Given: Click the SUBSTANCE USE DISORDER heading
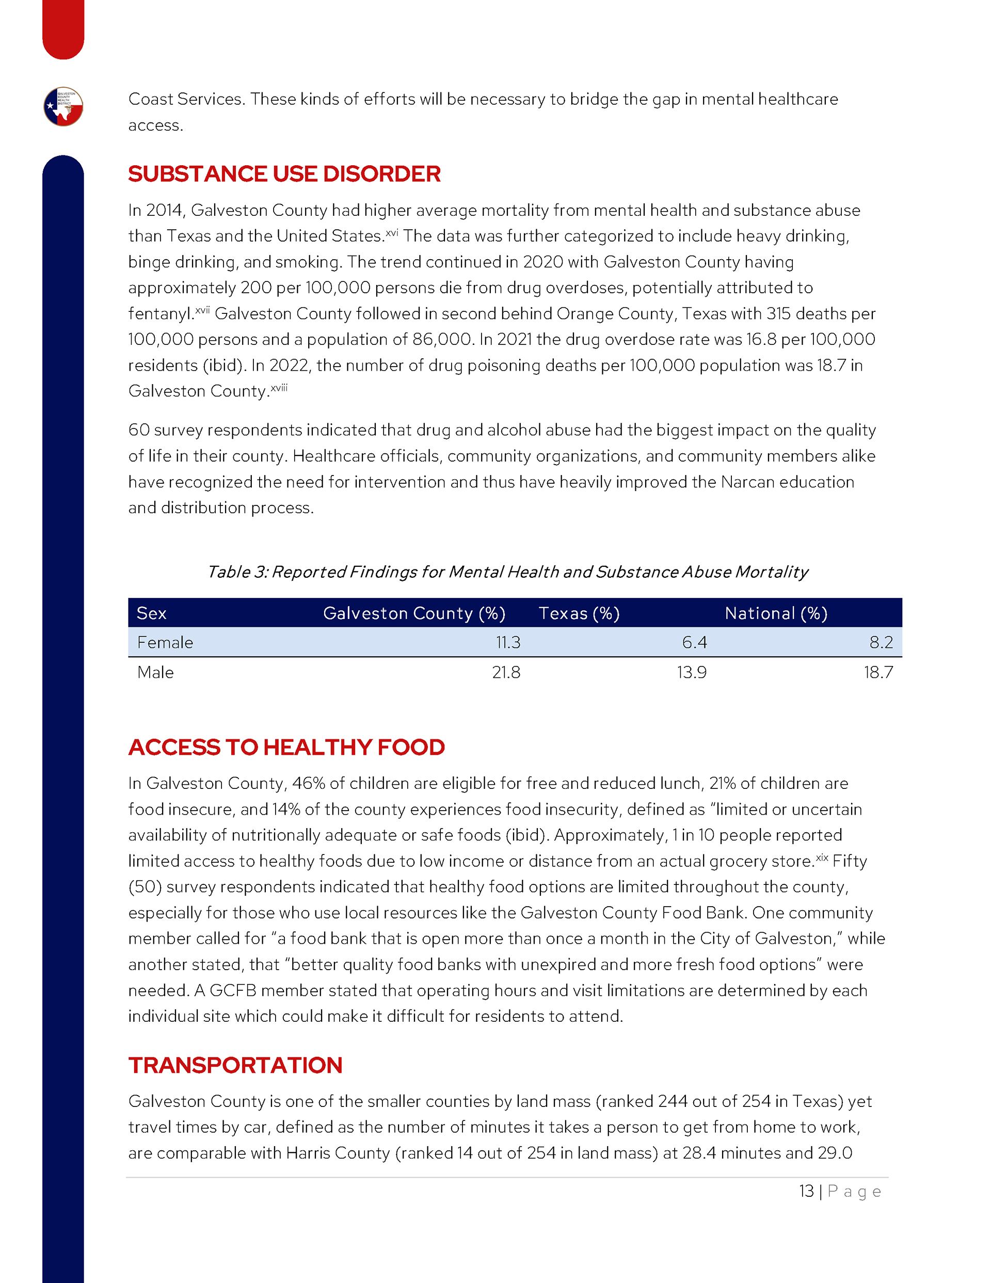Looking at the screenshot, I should coord(284,174).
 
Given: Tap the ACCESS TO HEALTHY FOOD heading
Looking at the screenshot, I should coord(286,747).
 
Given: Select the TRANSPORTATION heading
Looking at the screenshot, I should coord(235,1065).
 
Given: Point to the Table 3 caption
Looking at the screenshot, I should coord(507,572).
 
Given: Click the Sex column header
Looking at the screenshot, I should coord(152,613).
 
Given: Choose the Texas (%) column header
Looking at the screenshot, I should coord(579,613).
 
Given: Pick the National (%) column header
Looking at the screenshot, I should coord(776,613).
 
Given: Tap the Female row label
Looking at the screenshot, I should coord(165,643).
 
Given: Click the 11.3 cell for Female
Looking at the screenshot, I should coord(508,643).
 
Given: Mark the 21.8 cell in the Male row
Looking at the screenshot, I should coord(506,672).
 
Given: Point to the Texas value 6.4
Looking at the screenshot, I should coord(694,643).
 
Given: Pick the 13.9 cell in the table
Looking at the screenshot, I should coord(692,672).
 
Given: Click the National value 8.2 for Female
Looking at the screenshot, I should coord(881,643).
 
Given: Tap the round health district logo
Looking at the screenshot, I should coord(63,107).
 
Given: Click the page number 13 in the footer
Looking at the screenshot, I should coord(806,1192).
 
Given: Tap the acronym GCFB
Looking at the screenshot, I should coord(233,990).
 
